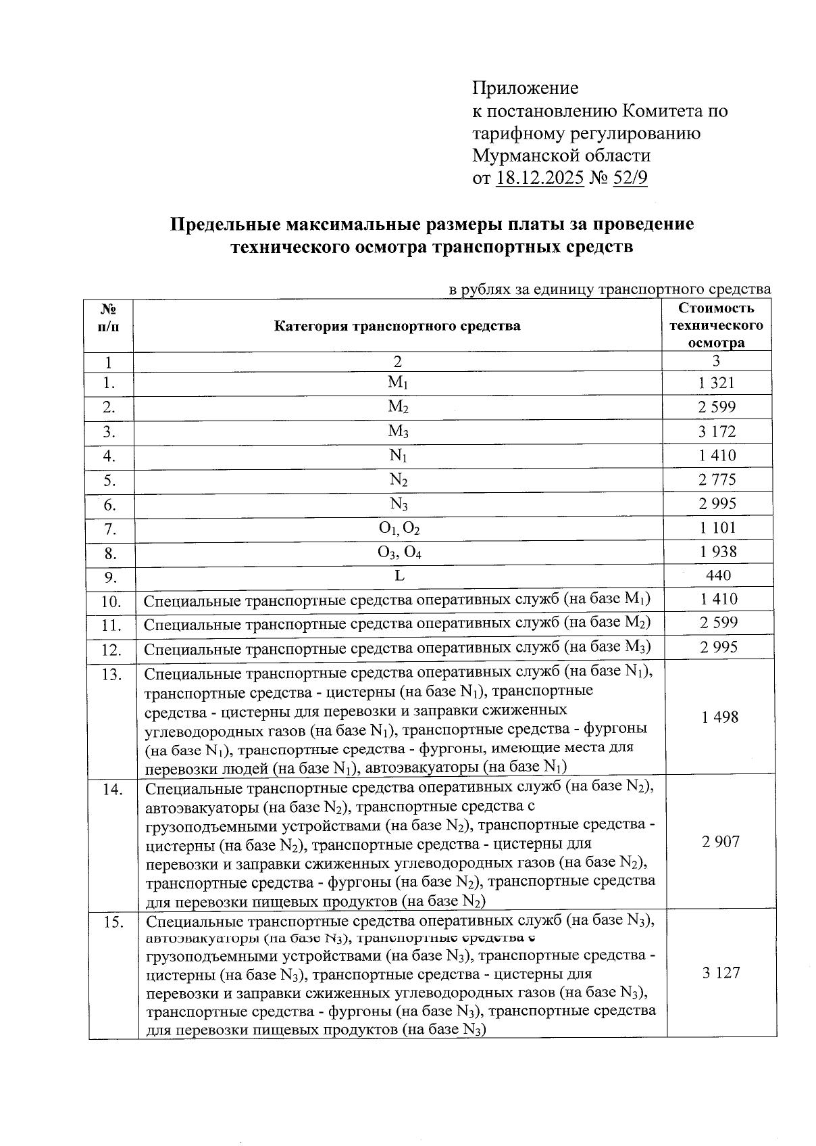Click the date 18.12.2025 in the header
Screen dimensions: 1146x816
point(539,178)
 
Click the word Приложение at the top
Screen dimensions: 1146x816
point(525,88)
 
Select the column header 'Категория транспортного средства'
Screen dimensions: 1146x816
point(397,326)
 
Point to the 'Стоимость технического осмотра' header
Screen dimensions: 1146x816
point(716,325)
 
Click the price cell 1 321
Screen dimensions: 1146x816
point(717,383)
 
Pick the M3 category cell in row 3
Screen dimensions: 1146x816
point(398,431)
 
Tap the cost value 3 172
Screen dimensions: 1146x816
point(717,431)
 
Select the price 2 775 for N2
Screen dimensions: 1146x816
point(717,480)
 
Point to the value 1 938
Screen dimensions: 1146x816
point(717,552)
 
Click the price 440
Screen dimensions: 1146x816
point(717,575)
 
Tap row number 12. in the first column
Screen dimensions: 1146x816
point(111,650)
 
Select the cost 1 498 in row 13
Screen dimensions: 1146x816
point(719,717)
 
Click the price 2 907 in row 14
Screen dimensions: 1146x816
point(720,842)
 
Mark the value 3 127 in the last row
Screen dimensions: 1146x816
point(721,973)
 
